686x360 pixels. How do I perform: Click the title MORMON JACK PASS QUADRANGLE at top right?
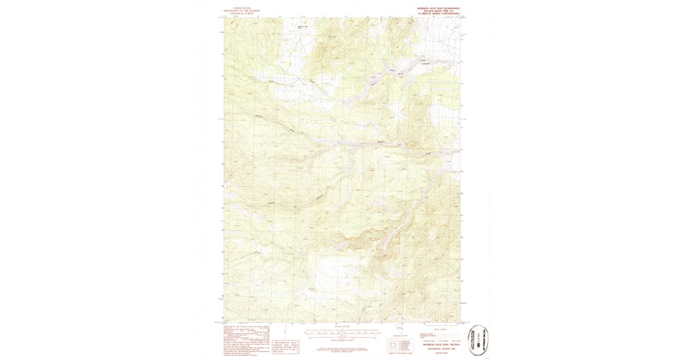coord(437,8)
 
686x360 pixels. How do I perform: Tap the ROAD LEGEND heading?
coord(441,330)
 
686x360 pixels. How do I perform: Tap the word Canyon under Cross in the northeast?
coord(425,63)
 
